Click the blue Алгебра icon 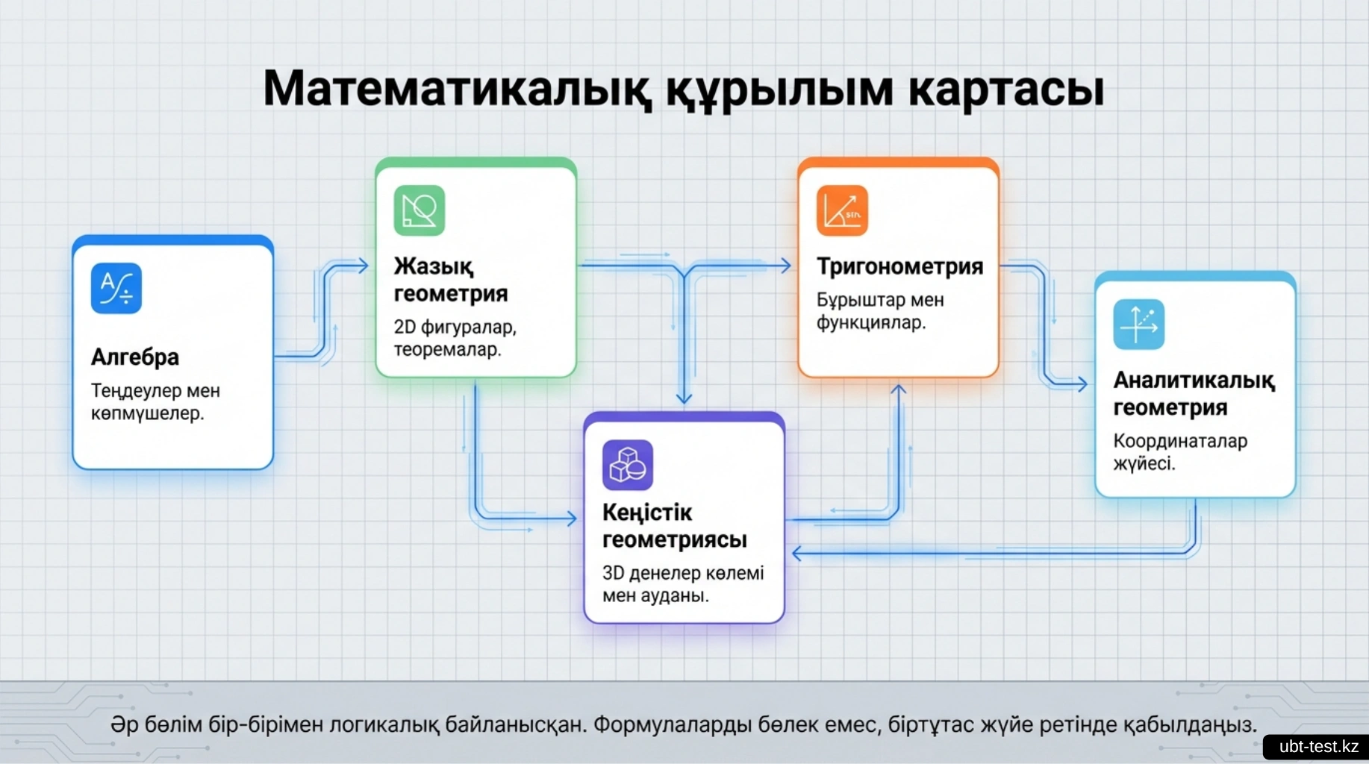(x=116, y=288)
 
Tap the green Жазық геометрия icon (x=420, y=210)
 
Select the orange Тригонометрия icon (x=842, y=210)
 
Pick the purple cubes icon (x=628, y=465)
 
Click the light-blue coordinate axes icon (x=1139, y=325)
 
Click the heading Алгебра (x=135, y=357)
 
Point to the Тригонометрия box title (x=899, y=266)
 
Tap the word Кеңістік (x=647, y=513)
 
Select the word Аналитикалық (x=1194, y=381)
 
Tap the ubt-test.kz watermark (x=1318, y=747)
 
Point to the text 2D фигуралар (x=455, y=328)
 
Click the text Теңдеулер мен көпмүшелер (x=155, y=402)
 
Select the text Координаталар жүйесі (x=1180, y=452)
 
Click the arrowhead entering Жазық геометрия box (x=364, y=266)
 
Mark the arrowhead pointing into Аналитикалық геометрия (x=1082, y=384)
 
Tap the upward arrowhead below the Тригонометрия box (x=899, y=389)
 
